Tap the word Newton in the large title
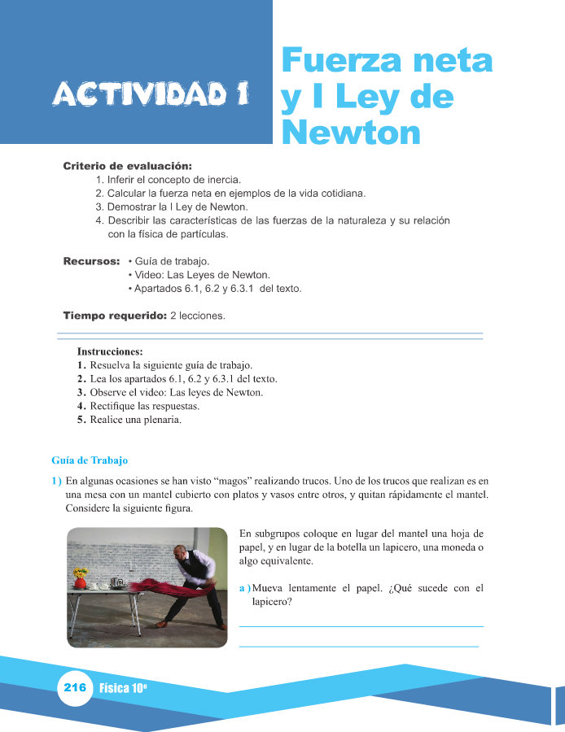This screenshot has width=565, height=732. (351, 132)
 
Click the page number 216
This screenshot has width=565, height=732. (75, 688)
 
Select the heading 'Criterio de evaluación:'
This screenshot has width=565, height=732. (127, 167)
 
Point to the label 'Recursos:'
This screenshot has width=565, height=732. (91, 262)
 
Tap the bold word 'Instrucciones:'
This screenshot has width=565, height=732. (110, 352)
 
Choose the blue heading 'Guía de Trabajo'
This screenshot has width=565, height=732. (90, 460)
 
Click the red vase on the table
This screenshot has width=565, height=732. (80, 583)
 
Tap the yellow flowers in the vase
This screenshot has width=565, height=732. (80, 573)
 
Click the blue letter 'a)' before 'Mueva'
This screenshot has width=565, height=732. (244, 588)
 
